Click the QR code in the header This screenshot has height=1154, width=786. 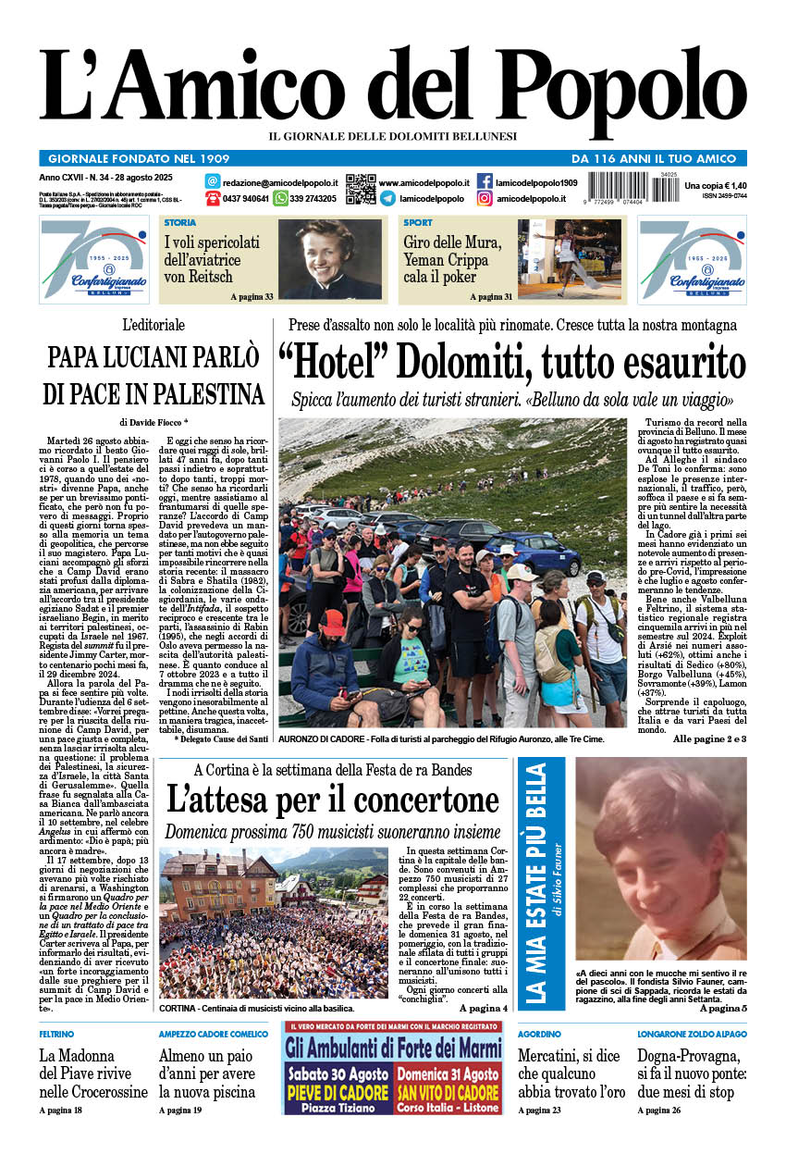(x=361, y=189)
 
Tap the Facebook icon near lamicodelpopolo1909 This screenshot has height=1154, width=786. (x=485, y=181)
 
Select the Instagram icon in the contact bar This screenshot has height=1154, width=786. (x=485, y=198)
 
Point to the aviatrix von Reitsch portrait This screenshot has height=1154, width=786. (x=329, y=259)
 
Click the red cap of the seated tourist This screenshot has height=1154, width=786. (x=333, y=622)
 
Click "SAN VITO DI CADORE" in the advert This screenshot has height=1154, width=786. (x=448, y=1090)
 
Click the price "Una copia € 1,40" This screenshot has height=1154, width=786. (x=715, y=186)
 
